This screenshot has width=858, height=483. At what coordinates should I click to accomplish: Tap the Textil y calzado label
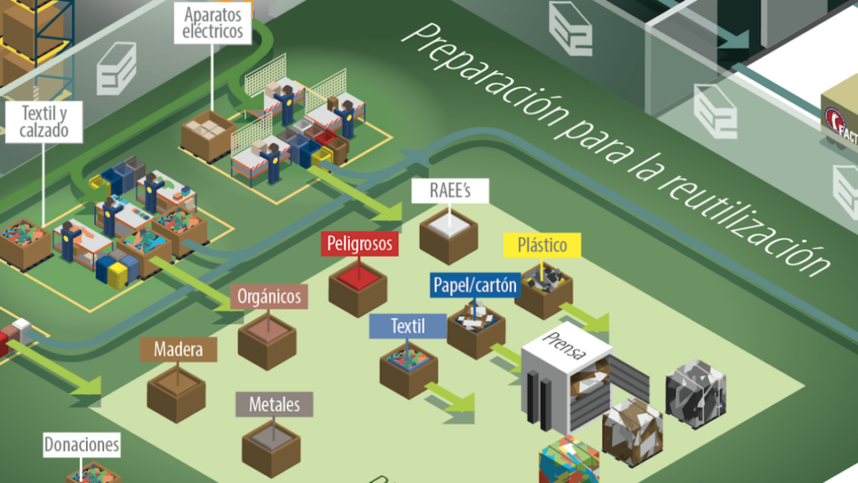point(44,122)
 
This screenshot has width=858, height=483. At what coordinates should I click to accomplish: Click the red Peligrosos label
point(360,244)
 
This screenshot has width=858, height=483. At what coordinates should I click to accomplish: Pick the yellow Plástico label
point(541,245)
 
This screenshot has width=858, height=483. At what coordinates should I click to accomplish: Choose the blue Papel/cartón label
point(475,286)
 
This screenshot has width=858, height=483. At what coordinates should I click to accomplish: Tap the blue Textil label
point(407,325)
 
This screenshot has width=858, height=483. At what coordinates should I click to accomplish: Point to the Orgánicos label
point(269,296)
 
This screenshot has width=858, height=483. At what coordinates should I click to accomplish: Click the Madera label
point(178,349)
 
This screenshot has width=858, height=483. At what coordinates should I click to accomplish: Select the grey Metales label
point(274,405)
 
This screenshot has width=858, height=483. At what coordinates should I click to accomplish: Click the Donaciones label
point(81,445)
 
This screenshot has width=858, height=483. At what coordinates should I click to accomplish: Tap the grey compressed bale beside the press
point(695,393)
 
